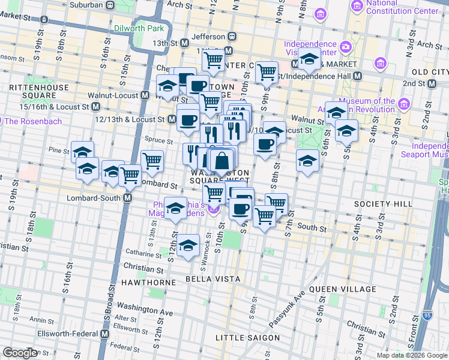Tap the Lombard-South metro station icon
128,198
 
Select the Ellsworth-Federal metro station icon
104,333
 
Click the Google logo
20,353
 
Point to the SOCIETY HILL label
383,204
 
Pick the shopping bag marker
222,161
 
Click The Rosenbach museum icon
8,121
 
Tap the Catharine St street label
141,253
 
